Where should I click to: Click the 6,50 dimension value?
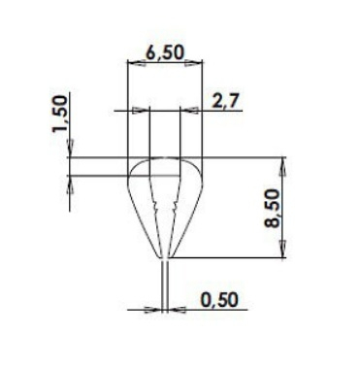(165, 52)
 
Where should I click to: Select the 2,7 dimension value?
(226, 101)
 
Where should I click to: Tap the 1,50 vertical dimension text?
(60, 114)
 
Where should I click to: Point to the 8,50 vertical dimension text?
(272, 209)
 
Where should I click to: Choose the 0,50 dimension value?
(219, 300)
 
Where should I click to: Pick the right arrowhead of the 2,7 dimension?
(188, 111)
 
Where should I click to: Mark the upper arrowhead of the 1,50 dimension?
(70, 149)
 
